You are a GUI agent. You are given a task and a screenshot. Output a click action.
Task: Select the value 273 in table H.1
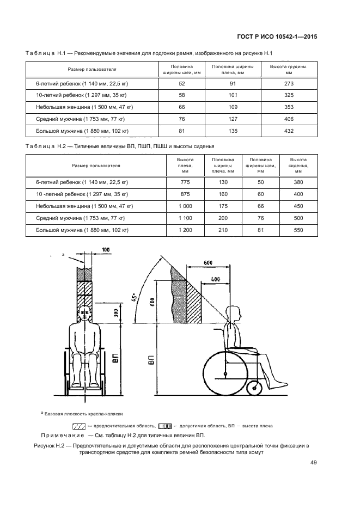289,83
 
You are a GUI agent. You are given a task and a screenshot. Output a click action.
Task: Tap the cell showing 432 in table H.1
289,131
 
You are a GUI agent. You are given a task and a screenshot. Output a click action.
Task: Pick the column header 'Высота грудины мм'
289,69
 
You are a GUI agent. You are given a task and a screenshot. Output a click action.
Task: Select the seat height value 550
298,230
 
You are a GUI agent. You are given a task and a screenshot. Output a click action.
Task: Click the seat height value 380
298,182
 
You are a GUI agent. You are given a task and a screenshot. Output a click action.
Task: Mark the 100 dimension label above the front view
105,249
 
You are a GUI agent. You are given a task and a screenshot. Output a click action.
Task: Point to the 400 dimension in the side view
216,279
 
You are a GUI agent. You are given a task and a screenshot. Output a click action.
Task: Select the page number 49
314,462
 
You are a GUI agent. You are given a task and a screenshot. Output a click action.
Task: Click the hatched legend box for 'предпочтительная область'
78,426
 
